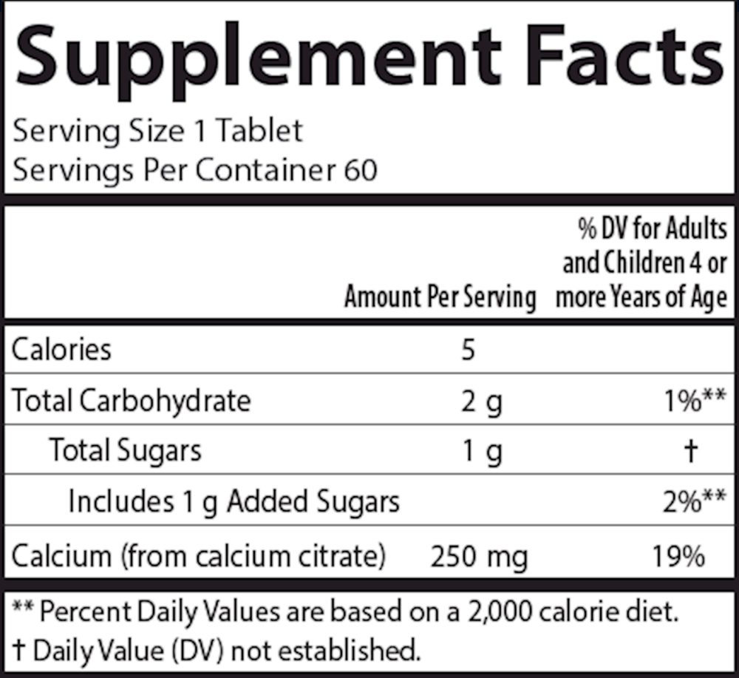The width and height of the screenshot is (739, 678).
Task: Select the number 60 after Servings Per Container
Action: (360, 170)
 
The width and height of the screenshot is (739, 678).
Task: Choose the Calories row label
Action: (61, 349)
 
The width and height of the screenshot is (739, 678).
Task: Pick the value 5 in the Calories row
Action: (467, 349)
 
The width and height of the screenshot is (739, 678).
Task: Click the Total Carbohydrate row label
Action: (132, 400)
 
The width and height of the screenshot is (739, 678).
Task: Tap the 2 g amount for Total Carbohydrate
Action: (481, 401)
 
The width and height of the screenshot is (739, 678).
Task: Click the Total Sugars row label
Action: (125, 450)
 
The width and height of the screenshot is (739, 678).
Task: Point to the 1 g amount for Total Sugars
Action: (481, 451)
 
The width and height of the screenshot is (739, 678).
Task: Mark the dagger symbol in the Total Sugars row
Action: (692, 451)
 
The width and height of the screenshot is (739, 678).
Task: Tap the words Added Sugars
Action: (313, 501)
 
